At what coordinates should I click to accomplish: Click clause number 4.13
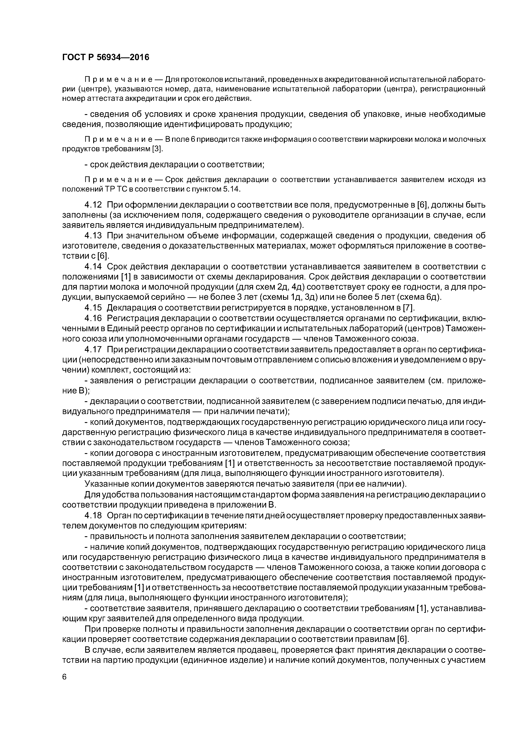(x=93, y=236)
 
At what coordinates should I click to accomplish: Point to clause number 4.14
(x=93, y=267)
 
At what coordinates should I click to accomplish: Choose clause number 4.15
(x=93, y=308)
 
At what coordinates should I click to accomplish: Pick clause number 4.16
(x=93, y=318)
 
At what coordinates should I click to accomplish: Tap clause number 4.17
(x=93, y=349)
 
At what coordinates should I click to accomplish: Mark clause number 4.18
(x=93, y=515)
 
